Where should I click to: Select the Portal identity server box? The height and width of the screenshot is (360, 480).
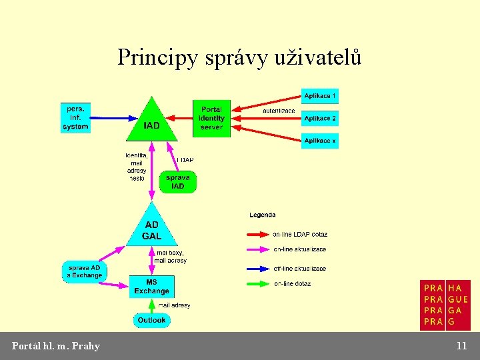[x=211, y=119]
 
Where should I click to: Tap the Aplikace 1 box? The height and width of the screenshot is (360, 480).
[x=320, y=95]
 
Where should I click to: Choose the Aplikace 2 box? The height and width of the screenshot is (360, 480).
[x=320, y=118]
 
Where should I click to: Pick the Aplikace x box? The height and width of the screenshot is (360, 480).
[x=320, y=141]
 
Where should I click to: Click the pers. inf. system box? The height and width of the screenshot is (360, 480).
[x=75, y=117]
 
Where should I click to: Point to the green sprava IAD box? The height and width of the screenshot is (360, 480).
[x=178, y=181]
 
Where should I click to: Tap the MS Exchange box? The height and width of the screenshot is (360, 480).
[x=151, y=287]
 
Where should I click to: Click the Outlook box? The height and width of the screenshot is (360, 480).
[x=151, y=320]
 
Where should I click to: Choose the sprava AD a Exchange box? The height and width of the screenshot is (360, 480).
[x=85, y=271]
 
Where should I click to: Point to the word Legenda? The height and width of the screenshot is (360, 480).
[x=262, y=215]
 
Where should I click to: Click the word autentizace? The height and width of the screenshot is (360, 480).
[x=279, y=111]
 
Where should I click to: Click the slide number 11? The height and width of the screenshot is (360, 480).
[x=461, y=345]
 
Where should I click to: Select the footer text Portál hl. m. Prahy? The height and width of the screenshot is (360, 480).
[x=56, y=345]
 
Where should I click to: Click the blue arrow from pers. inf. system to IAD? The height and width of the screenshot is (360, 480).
[x=113, y=118]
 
